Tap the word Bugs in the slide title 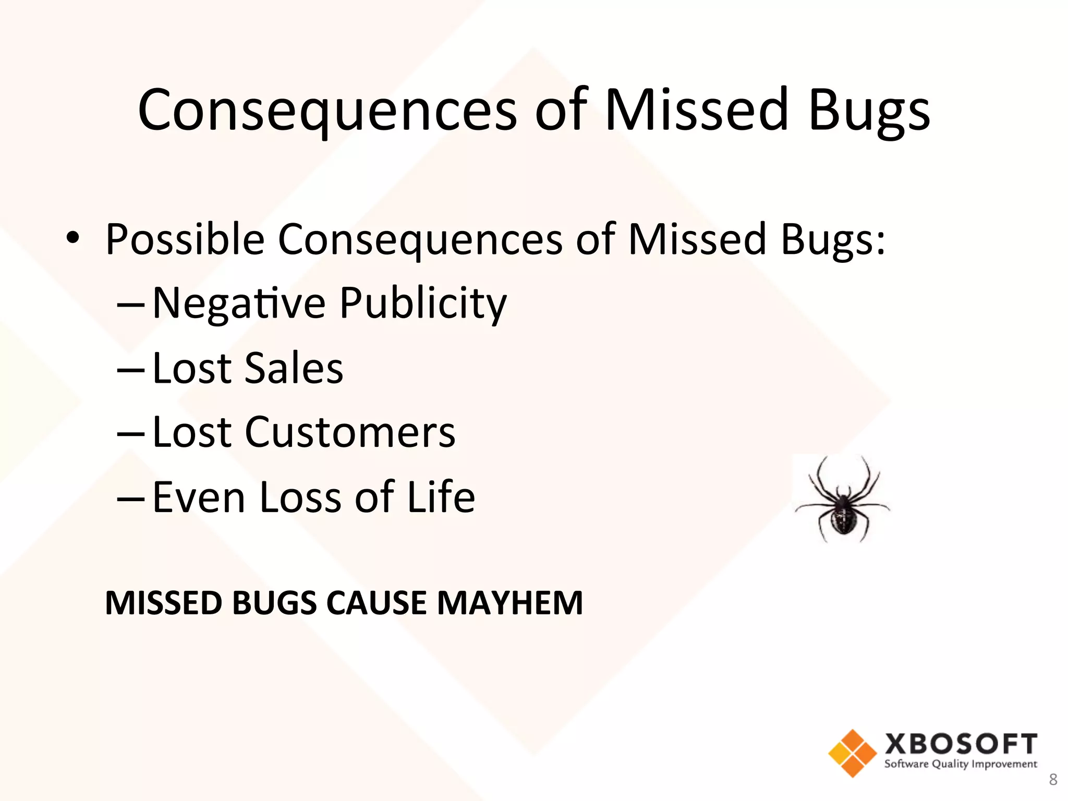click(869, 111)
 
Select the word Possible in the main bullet click(185, 240)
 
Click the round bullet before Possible click(73, 238)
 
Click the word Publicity click(423, 304)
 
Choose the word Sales click(294, 368)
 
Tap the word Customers click(350, 432)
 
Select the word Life click(441, 497)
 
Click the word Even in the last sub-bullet click(199, 497)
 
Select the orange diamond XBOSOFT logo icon click(852, 753)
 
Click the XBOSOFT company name click(961, 744)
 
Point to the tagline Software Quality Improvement click(961, 764)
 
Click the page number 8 click(1053, 780)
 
